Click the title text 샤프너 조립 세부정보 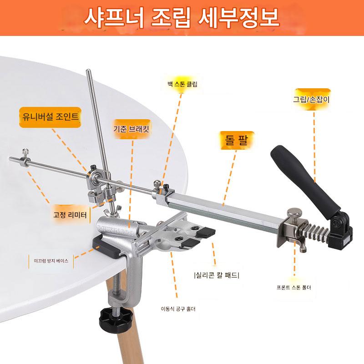coord(182,18)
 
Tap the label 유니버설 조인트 coord(50,116)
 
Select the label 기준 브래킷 coord(131,129)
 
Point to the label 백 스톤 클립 coord(182,84)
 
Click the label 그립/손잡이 coord(311,99)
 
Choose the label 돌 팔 coord(237,140)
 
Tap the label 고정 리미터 coord(70,215)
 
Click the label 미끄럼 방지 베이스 coord(51,261)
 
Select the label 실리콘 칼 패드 coord(217,275)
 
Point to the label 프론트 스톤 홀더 coord(293,288)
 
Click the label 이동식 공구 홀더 coord(178,309)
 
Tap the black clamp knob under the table coord(116,318)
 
